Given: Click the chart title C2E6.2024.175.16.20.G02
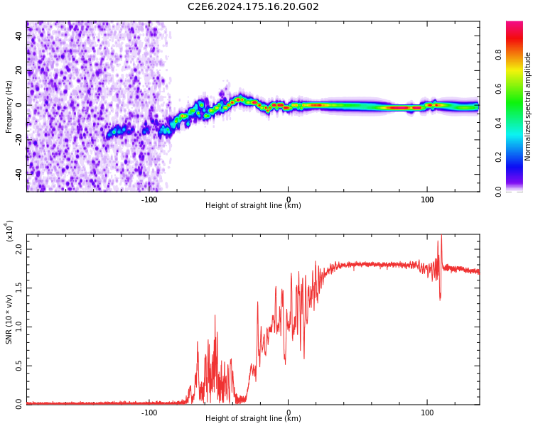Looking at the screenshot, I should point(253,7).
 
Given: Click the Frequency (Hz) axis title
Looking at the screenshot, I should point(9,106).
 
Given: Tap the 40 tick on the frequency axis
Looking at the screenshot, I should point(19,35).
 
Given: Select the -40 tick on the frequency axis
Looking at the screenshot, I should point(18,173).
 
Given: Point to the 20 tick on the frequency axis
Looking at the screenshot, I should point(19,70).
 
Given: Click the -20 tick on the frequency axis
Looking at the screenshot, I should point(18,139).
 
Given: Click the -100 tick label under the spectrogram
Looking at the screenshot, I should point(149,200).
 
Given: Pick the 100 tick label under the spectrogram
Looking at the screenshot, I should point(427,200).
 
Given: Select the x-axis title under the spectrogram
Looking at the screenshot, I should point(253,206).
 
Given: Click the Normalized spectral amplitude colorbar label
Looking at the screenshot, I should point(528,106).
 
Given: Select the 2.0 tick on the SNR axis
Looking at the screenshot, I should point(18,248).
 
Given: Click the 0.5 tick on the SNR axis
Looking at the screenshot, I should point(18,365).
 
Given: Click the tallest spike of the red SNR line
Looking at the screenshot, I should point(441,236).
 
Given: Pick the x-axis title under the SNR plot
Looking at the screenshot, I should point(253,419).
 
